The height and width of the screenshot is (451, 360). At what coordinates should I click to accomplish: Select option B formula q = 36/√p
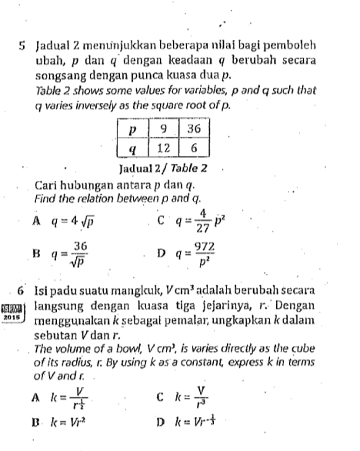click(x=70, y=252)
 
